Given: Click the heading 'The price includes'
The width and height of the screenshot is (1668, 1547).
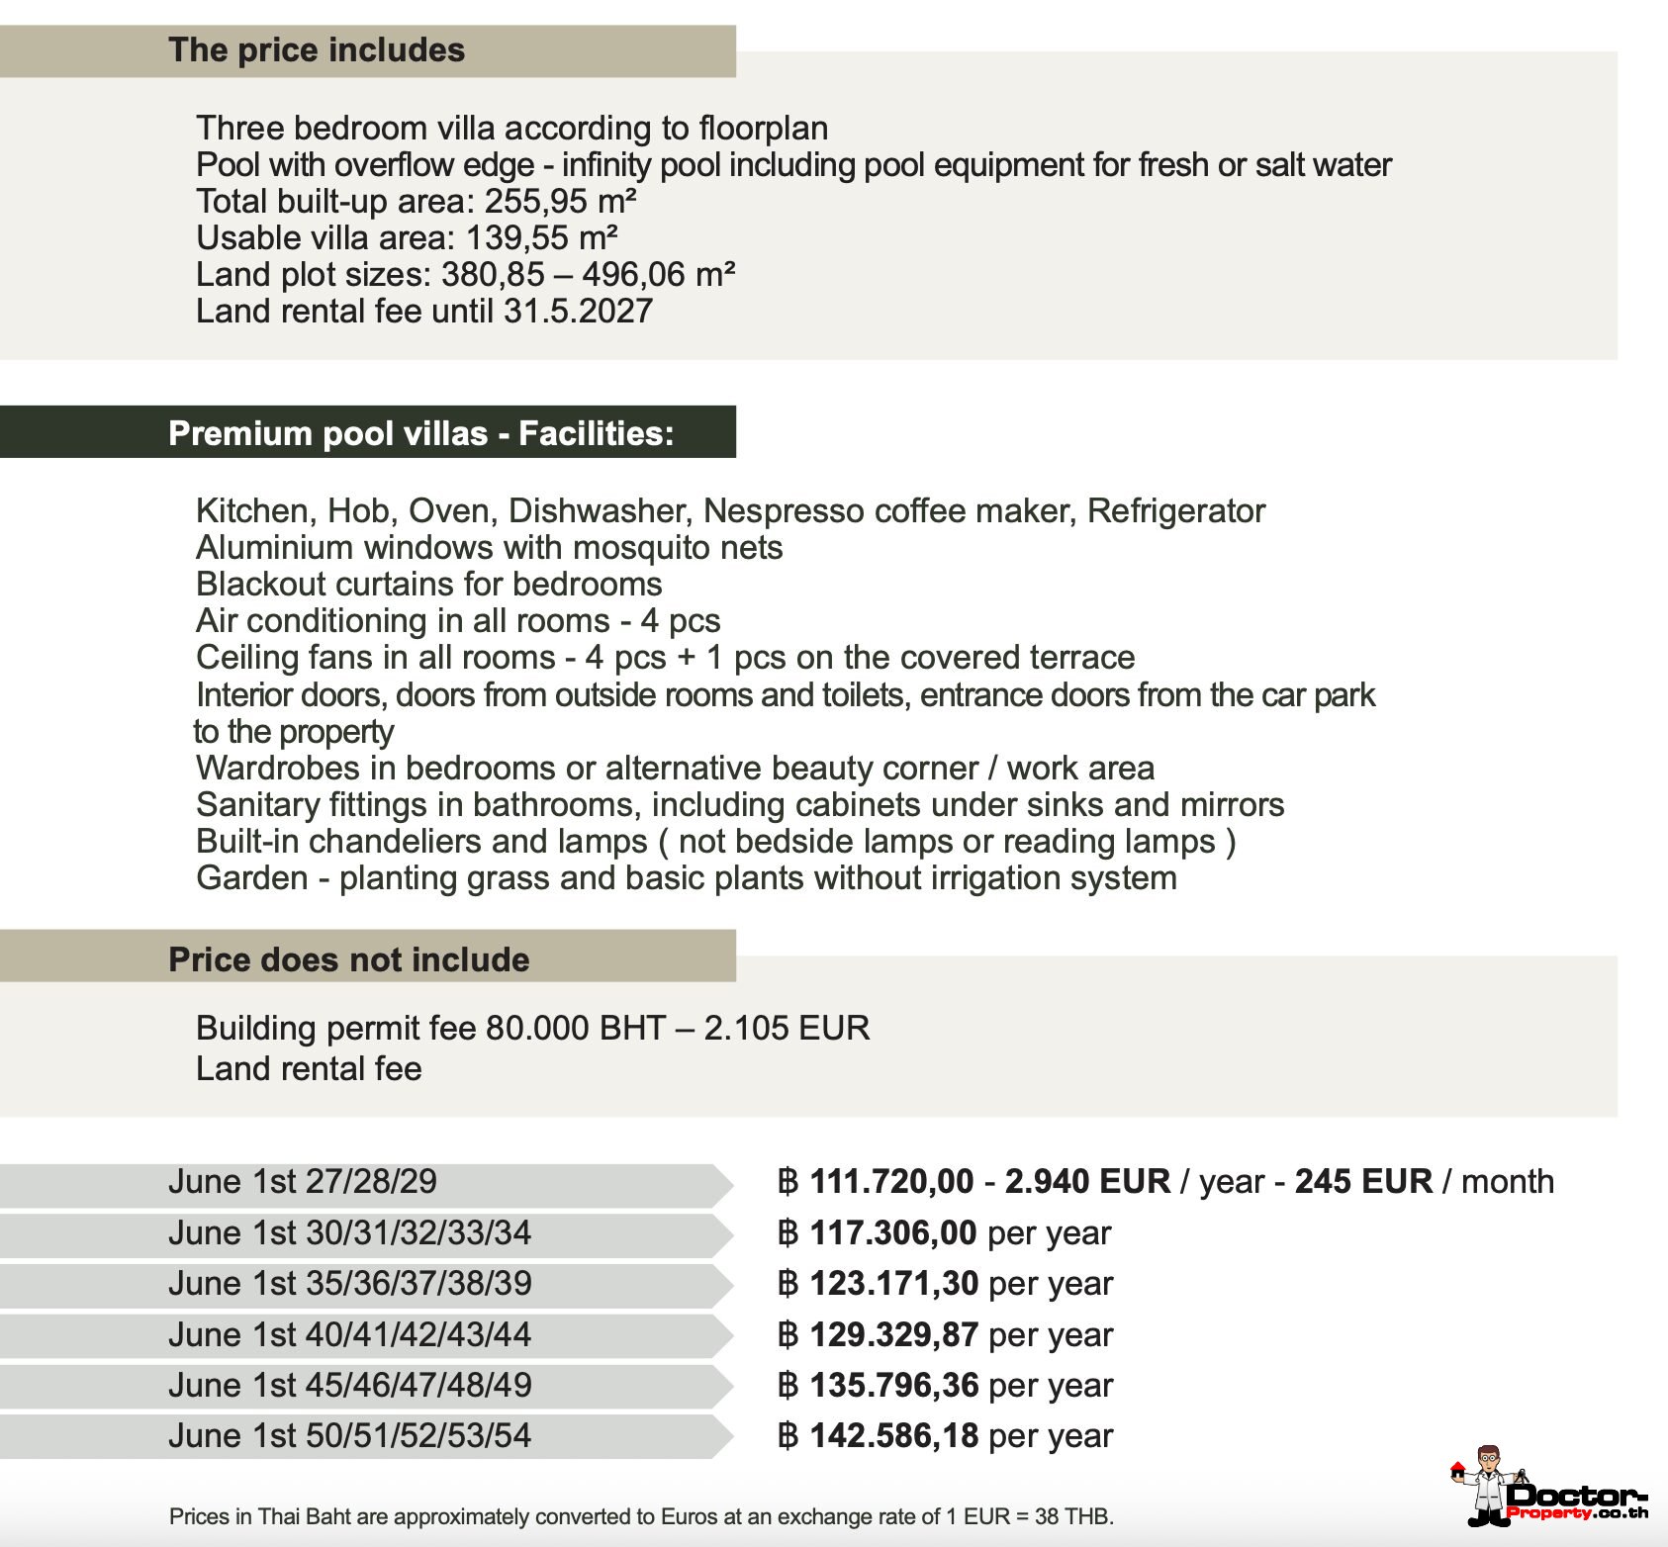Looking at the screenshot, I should tap(317, 50).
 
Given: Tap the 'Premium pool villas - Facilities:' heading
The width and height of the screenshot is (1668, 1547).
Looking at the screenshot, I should tap(420, 433).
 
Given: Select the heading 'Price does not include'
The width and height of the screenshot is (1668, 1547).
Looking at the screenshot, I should tap(348, 959).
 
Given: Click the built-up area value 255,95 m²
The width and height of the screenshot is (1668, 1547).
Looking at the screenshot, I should tap(560, 202).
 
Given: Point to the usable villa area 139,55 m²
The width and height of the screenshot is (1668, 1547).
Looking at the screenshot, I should tap(541, 238).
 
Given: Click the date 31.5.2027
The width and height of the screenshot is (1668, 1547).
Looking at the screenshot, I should tap(578, 312).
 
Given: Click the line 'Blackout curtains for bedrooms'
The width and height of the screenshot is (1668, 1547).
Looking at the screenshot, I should tap(428, 585).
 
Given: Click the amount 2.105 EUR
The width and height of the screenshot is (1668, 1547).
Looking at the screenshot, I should tap(787, 1029).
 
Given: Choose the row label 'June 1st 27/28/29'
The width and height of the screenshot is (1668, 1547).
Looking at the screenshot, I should tap(302, 1182).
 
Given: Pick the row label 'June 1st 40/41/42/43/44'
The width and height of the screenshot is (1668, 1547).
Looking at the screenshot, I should tap(349, 1335).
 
